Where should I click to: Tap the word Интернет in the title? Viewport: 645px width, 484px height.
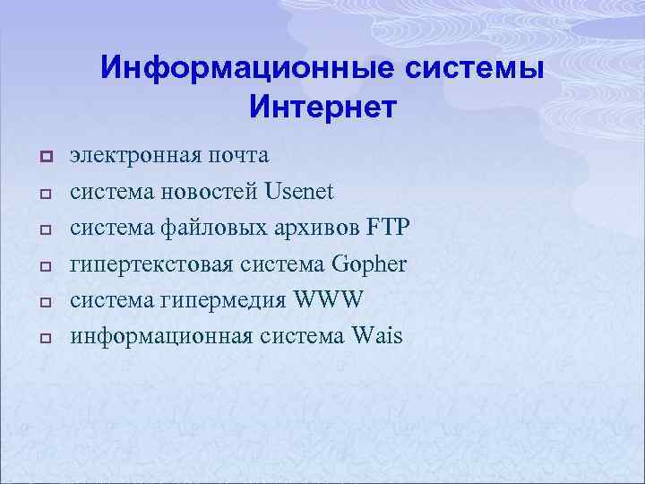pos(322,108)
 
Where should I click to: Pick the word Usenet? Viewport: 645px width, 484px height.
pos(298,192)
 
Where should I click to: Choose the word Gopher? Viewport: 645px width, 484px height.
pos(368,265)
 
